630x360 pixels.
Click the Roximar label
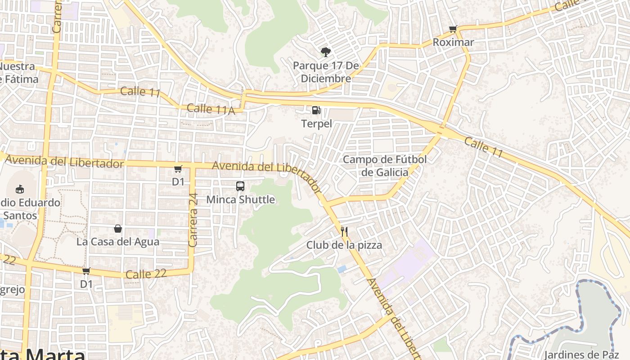[x=453, y=42]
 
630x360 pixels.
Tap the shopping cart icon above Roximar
[x=453, y=29]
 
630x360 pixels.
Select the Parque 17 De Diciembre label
[x=326, y=72]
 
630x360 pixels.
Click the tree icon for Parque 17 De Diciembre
[x=325, y=52]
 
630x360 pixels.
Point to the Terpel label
[x=316, y=123]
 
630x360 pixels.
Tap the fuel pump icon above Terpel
[x=316, y=110]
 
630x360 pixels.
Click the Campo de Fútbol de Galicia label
[x=385, y=166]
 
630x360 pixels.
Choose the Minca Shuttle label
[x=240, y=199]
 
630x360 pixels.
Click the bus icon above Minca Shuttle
[x=240, y=186]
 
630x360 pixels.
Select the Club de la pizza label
[x=344, y=245]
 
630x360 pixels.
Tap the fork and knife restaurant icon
[x=344, y=232]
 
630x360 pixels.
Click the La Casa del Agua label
[x=118, y=242]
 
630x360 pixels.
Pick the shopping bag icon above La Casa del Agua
[x=118, y=229]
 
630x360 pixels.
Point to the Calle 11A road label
[x=211, y=109]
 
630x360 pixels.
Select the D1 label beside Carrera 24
[x=178, y=182]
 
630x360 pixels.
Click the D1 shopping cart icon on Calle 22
[x=86, y=271]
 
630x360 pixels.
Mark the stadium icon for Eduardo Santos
[x=20, y=189]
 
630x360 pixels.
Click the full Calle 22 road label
[x=146, y=274]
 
